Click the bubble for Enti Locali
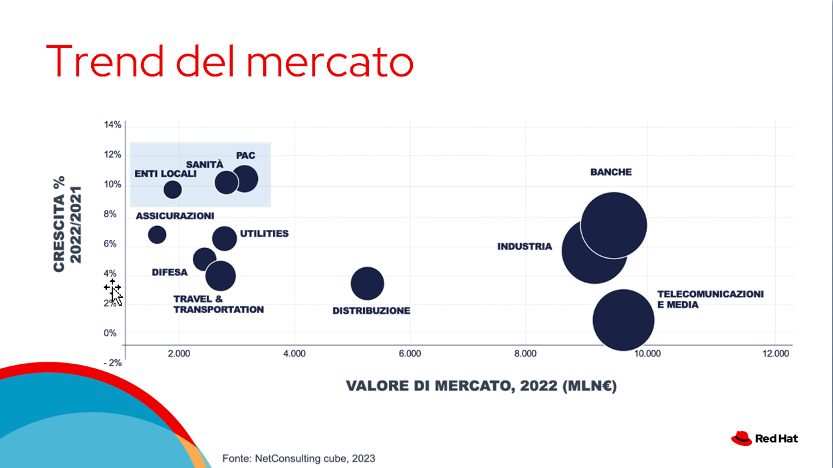[172, 189]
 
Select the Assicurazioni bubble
[157, 234]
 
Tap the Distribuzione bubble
[368, 284]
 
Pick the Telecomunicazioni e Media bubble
[624, 320]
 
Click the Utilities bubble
[225, 239]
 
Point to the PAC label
[245, 156]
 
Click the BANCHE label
[611, 172]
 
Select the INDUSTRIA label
[525, 247]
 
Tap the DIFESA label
[170, 273]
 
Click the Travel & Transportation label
[218, 304]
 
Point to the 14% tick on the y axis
[112, 125]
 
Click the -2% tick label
[111, 363]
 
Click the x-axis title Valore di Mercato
[481, 386]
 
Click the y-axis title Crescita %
[66, 224]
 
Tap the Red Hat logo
[765, 438]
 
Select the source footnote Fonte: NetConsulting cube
[298, 458]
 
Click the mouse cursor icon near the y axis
[114, 291]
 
